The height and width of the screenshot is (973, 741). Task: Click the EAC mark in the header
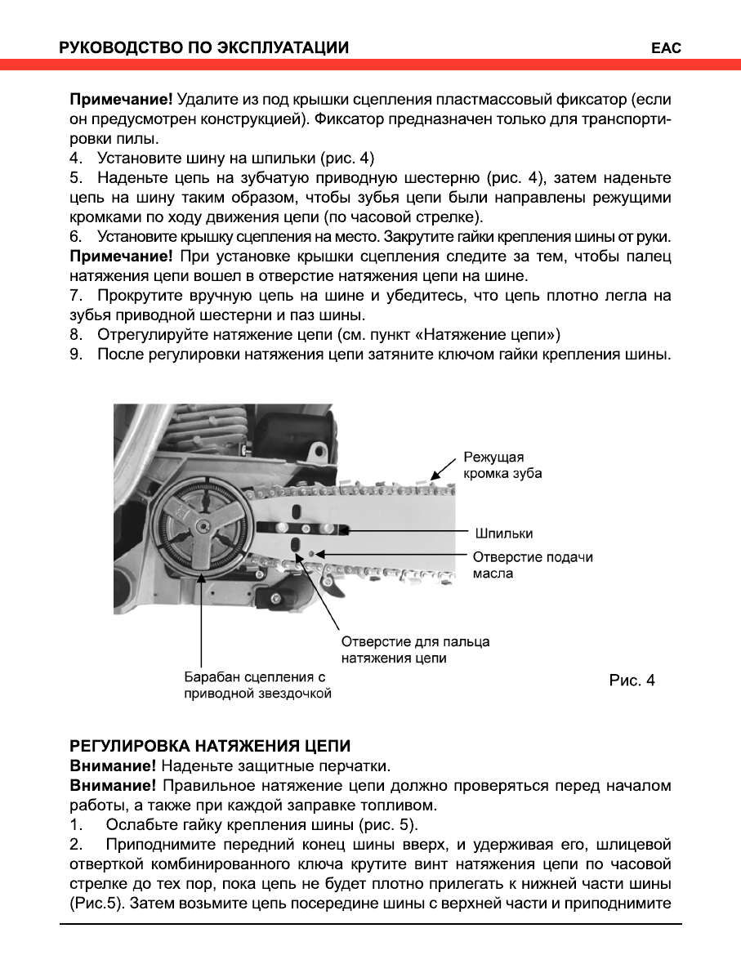click(666, 48)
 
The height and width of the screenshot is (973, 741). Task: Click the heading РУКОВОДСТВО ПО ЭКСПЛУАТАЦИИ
click(204, 48)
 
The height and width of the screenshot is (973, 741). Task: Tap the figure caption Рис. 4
click(632, 680)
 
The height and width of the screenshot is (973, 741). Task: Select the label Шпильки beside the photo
click(503, 533)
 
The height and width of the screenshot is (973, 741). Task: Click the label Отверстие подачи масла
click(533, 565)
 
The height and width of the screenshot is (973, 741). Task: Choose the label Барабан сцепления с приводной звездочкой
click(257, 685)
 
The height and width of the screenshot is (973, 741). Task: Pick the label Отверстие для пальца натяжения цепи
click(415, 649)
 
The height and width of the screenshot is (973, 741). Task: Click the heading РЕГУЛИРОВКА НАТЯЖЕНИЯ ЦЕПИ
click(210, 746)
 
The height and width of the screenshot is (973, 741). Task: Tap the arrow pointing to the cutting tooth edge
click(443, 468)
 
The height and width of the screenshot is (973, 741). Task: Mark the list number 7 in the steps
click(75, 295)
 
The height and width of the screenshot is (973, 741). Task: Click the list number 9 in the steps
click(75, 354)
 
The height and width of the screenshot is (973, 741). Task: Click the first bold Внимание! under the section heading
click(113, 766)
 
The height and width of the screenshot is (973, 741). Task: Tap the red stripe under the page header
click(370, 65)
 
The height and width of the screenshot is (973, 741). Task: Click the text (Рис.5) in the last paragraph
click(97, 904)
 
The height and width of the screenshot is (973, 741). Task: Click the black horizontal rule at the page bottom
click(370, 925)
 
